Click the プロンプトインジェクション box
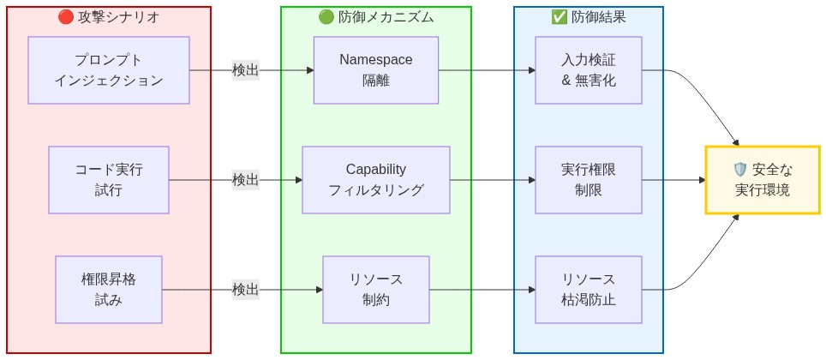click(x=109, y=70)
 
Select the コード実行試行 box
click(x=109, y=180)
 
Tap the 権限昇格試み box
click(x=109, y=290)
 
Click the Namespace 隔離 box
click(x=375, y=70)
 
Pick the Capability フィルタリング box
click(x=375, y=180)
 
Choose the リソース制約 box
click(x=375, y=290)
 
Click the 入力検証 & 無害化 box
click(x=588, y=70)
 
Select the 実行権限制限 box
click(x=588, y=180)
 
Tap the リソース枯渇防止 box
click(x=588, y=290)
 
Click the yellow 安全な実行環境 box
click(x=762, y=180)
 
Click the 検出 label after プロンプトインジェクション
click(x=245, y=70)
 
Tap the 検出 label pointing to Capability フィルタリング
click(x=245, y=180)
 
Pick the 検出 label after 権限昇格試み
click(x=245, y=290)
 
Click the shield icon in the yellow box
click(x=740, y=170)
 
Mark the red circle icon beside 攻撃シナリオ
click(x=65, y=17)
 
